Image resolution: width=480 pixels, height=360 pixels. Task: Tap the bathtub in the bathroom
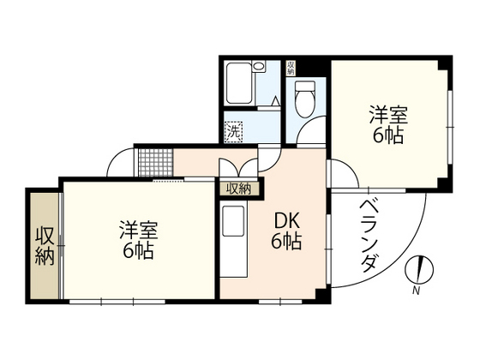coord(245,85)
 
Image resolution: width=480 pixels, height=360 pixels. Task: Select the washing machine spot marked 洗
coord(231,131)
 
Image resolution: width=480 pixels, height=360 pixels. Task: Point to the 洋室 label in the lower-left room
coord(137,231)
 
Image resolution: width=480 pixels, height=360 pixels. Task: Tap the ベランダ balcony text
coord(368,235)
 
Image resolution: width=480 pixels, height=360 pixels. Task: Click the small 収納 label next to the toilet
coord(291,68)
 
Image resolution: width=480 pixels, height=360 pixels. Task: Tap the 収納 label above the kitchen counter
coord(237,189)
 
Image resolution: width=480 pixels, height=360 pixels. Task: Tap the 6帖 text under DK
coord(286,243)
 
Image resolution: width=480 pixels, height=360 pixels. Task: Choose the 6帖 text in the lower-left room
coord(137,252)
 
